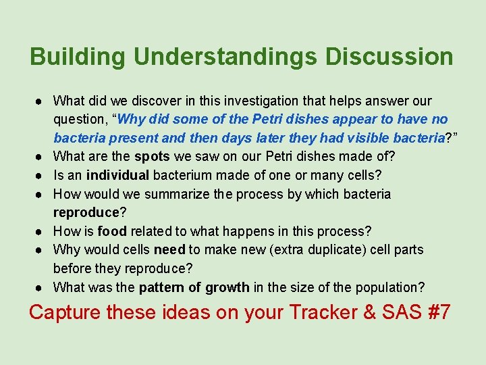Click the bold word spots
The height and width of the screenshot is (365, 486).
pos(152,157)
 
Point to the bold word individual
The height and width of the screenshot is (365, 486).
pos(117,176)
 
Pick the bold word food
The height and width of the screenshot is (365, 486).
pos(111,231)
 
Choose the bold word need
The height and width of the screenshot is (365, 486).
pos(169,250)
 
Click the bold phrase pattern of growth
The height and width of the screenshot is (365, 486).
pos(194,287)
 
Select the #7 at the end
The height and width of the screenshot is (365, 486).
pos(437,312)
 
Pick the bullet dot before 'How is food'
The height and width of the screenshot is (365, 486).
pos(41,232)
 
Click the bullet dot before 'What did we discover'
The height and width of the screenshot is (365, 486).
pos(41,102)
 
